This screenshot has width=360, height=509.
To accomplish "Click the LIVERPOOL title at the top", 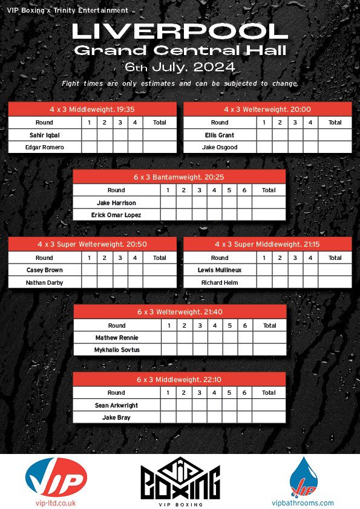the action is (180, 31).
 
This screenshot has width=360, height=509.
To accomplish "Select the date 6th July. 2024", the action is (180, 66).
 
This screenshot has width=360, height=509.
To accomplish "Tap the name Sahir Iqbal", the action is (44, 135).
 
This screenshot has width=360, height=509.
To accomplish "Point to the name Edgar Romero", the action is (44, 147).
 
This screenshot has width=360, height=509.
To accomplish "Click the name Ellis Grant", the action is (220, 135).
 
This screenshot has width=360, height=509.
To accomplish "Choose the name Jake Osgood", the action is (220, 147).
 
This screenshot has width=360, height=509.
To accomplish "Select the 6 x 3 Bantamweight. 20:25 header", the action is (179, 177).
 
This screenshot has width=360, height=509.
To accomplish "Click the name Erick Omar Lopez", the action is (116, 215).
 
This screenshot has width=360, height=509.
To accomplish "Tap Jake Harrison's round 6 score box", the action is (244, 203).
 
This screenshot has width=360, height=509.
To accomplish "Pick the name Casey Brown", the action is (44, 270).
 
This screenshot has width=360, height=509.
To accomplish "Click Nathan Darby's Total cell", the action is (160, 282).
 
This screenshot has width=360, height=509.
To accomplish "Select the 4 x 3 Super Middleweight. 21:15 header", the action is (267, 244).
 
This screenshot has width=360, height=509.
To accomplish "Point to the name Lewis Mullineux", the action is (220, 270).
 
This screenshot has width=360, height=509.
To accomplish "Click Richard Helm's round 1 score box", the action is (264, 282).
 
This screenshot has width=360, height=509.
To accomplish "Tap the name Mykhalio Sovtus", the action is (116, 349).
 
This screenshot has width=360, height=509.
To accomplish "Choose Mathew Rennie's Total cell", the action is (269, 337).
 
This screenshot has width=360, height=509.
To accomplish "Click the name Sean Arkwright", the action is (116, 405).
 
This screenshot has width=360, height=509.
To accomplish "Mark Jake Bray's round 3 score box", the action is (199, 417).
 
